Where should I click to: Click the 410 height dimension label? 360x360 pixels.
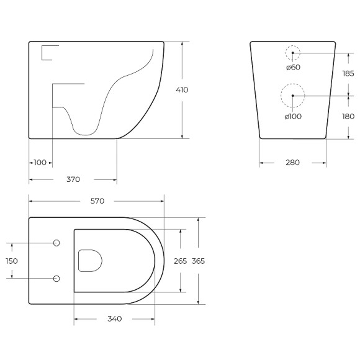click(182, 90)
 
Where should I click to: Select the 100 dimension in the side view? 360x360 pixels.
click(40, 163)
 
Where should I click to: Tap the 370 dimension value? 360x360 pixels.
click(73, 180)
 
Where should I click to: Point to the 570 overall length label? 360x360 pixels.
click(97, 200)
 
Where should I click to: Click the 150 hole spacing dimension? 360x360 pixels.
click(12, 261)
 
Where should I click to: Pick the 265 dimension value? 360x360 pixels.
click(180, 261)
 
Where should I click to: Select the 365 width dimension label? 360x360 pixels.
click(198, 261)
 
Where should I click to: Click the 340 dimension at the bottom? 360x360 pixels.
click(114, 319)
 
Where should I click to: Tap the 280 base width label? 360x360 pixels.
click(292, 163)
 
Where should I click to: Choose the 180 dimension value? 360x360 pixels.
click(348, 116)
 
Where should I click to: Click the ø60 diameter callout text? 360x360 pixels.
click(293, 67)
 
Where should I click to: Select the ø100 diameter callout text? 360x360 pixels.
click(293, 116)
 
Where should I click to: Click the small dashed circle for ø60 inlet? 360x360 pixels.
click(293, 53)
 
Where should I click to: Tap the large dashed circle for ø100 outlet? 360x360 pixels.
click(293, 96)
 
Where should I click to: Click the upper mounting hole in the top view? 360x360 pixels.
click(56, 242)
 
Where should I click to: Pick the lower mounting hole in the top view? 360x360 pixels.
click(56, 279)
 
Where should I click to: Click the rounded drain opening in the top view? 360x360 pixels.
click(91, 261)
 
